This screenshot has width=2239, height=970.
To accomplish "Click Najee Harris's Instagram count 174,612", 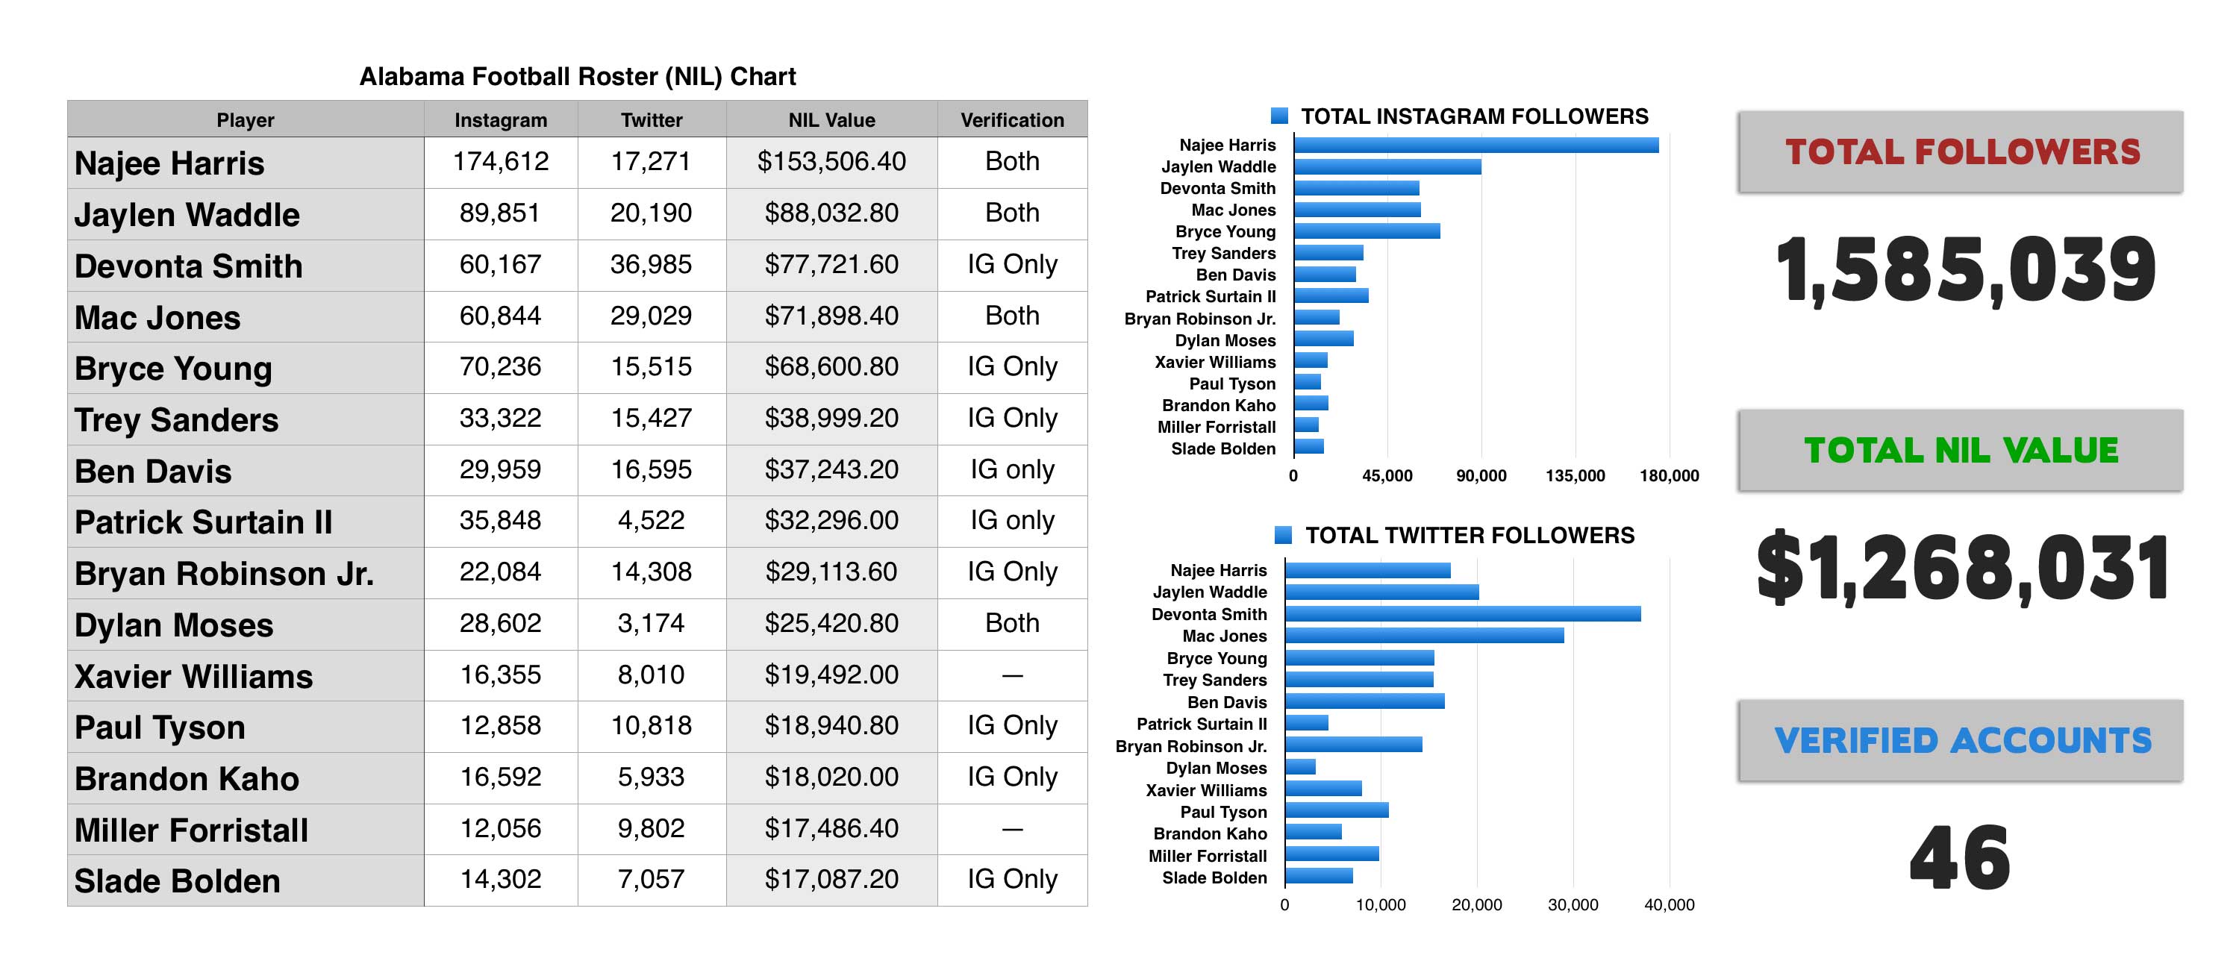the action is (501, 162).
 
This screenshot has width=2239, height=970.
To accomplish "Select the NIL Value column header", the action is (832, 120).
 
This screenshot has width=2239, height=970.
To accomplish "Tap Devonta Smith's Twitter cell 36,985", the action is (651, 264).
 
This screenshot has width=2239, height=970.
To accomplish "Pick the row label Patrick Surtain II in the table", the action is (204, 522).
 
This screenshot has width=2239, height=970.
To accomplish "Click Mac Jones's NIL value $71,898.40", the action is (832, 316).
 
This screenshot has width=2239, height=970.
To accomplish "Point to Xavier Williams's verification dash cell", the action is (1013, 675).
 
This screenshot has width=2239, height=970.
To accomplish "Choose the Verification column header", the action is (1013, 120).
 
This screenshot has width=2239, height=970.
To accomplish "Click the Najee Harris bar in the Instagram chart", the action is (1476, 145).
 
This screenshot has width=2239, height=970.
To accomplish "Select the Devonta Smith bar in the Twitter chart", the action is (1463, 613).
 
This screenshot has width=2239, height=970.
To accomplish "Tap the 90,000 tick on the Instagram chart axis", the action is (1481, 476).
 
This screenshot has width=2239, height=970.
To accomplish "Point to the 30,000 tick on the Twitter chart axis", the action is (1573, 905).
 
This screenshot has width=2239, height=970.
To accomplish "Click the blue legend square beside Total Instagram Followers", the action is (1279, 115).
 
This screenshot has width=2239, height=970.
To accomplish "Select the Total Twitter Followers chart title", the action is (1470, 536).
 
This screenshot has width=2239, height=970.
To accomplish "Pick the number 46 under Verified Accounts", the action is (1960, 858).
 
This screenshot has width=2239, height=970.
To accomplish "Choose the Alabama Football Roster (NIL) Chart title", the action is (578, 77).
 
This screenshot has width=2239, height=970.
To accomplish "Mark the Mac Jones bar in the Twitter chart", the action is (1425, 636).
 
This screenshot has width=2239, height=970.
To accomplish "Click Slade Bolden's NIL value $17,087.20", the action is (832, 880).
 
